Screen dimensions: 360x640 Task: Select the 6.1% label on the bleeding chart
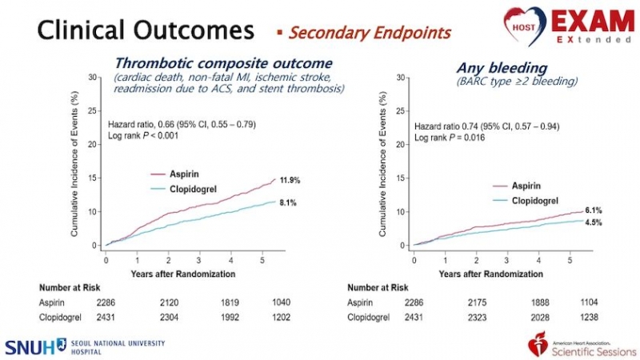tap(592, 210)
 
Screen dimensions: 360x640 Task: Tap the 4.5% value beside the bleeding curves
tap(592, 223)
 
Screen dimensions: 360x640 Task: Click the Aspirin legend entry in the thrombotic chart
tap(184, 173)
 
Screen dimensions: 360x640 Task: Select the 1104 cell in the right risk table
tap(588, 302)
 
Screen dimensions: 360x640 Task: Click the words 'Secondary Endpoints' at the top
tap(370, 33)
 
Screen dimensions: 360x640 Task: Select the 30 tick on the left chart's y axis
tap(94, 78)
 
